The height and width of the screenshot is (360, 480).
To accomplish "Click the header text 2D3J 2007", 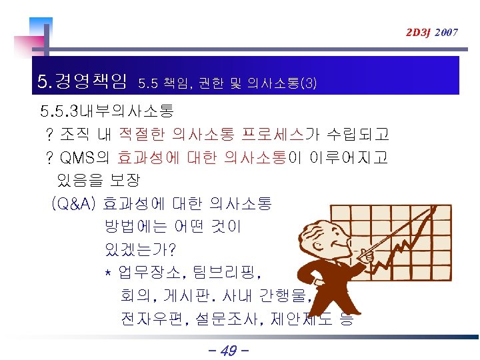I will (x=433, y=32).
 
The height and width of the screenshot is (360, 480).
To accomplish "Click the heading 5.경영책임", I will (x=83, y=83).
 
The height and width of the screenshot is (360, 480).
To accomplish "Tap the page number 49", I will (x=228, y=350).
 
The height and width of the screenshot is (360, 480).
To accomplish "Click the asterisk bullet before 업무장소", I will (x=108, y=273).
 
